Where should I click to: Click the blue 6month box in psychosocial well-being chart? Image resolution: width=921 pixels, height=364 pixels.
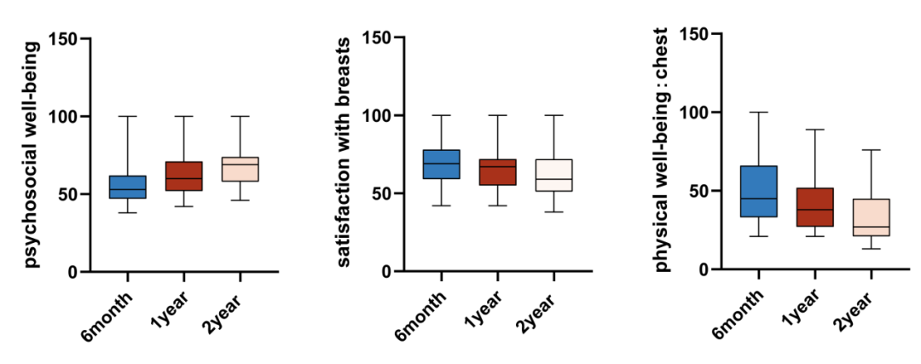click(127, 187)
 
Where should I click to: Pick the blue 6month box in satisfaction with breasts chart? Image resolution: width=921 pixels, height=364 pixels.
click(441, 164)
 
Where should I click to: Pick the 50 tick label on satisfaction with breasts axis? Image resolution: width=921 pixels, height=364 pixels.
click(380, 194)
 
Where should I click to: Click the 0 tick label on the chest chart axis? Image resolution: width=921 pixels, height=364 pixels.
click(704, 269)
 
